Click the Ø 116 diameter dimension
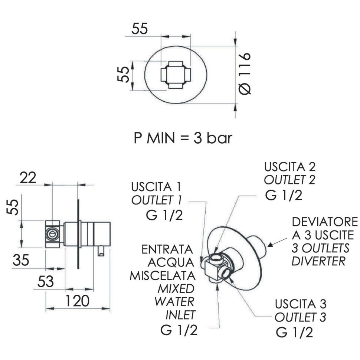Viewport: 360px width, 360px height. click(245, 73)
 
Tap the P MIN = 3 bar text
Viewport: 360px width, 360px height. click(183, 138)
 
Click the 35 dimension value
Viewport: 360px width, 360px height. click(21, 260)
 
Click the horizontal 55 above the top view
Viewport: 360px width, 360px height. click(140, 29)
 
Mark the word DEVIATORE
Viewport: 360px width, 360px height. click(325, 222)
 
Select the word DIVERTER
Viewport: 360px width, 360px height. click(319, 261)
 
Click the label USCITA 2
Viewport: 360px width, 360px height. click(290, 166)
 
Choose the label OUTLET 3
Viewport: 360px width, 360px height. click(301, 318)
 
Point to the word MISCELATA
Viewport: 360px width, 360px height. click(162, 275)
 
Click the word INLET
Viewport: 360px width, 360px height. click(180, 315)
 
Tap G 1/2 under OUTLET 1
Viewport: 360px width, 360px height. click(164, 215)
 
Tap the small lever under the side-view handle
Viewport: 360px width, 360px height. click(101, 251)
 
